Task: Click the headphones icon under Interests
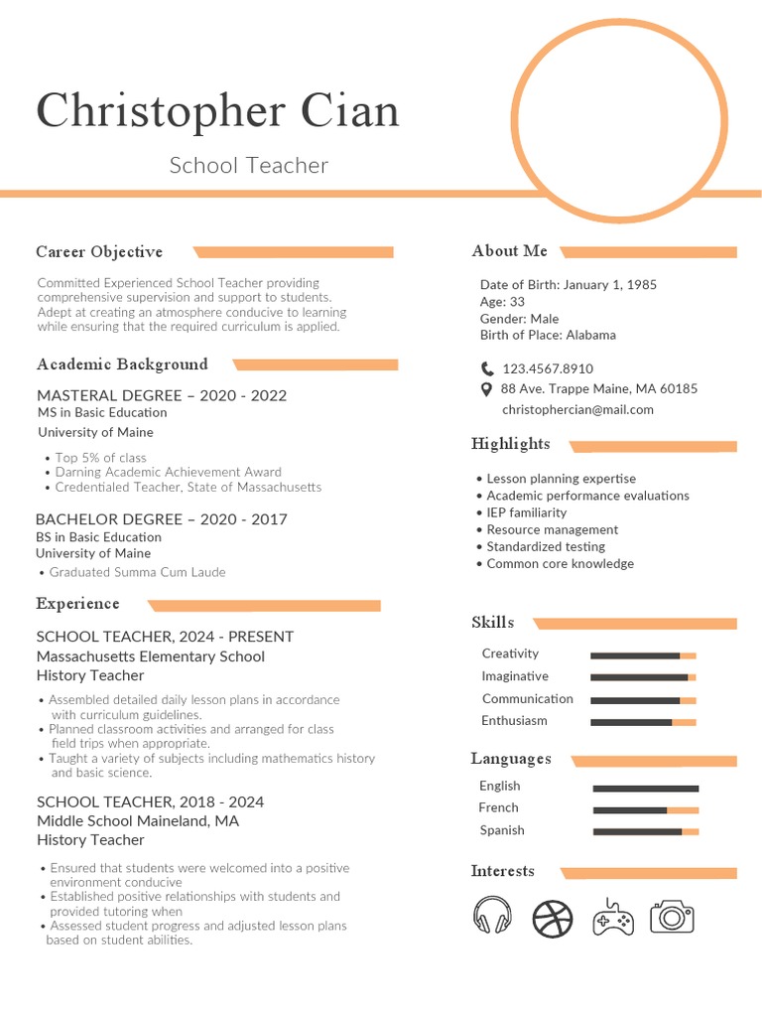click(492, 916)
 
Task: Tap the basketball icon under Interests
click(553, 918)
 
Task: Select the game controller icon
click(613, 917)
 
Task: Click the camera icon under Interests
click(672, 916)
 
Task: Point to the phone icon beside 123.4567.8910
click(487, 368)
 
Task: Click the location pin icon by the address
click(486, 389)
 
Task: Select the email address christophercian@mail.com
click(577, 409)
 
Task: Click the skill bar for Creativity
click(643, 655)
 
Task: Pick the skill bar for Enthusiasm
click(643, 722)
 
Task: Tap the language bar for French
click(646, 809)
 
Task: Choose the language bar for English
click(646, 788)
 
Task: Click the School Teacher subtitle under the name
click(248, 165)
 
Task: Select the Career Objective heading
click(99, 252)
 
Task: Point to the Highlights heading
click(510, 444)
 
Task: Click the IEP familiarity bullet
click(526, 512)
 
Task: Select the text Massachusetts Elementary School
click(151, 656)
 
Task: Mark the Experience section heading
click(77, 604)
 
